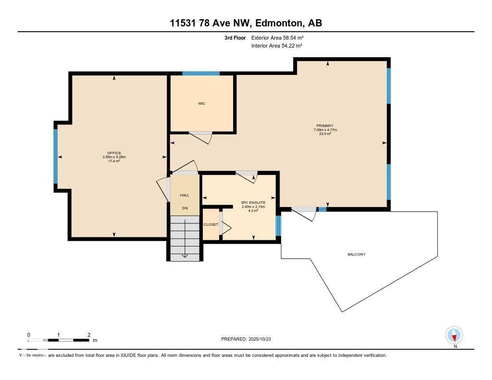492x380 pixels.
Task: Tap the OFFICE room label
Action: coord(114,153)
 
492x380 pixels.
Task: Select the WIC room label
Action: coord(202,103)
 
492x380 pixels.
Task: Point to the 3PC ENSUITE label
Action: coord(253,203)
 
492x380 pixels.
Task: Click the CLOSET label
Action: coord(210,224)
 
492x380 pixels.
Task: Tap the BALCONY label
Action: coord(357,254)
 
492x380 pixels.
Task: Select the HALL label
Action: coord(184,195)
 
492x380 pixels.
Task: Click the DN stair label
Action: coord(184,208)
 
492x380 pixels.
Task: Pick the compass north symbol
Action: coord(454,335)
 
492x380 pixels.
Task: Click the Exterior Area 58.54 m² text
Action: coord(277,37)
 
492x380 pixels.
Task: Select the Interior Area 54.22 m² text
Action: coord(276,46)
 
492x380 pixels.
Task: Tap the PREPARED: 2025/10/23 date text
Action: coord(246,339)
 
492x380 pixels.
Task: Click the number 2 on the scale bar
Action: coord(89,335)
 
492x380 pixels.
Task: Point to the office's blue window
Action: coord(56,157)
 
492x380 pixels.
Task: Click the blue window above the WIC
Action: coord(201,74)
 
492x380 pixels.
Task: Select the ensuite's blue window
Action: coord(278,226)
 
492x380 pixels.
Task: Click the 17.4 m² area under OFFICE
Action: coord(114,161)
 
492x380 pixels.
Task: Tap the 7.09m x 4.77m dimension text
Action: coord(325,130)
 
